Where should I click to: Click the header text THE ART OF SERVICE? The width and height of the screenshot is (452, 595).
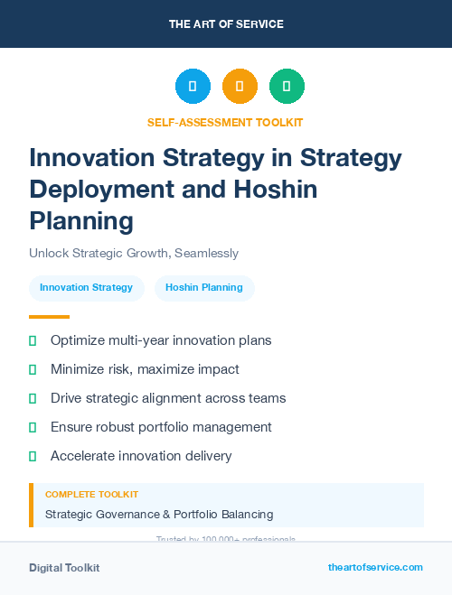(226, 24)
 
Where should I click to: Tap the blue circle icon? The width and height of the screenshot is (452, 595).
(193, 86)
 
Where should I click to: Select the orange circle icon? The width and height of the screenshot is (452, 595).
(240, 86)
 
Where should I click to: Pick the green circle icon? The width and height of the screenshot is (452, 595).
(287, 86)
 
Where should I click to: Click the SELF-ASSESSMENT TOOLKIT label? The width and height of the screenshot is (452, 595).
(225, 122)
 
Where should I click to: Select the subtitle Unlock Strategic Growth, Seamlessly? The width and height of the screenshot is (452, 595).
(134, 253)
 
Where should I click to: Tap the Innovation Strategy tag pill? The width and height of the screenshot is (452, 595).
(87, 288)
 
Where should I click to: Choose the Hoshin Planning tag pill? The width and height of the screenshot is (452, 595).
(204, 288)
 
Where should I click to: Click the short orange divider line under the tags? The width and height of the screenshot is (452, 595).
(49, 317)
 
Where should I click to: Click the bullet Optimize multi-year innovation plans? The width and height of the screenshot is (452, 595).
(161, 340)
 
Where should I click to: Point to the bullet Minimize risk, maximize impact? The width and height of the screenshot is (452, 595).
(145, 369)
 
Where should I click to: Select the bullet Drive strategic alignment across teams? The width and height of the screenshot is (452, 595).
(168, 398)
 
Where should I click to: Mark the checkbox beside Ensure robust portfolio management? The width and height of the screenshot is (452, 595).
(33, 427)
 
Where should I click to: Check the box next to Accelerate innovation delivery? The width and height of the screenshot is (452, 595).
(33, 456)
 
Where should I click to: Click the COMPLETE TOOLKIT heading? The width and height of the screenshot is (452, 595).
(91, 495)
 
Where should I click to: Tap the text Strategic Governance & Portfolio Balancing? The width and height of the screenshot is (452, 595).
(159, 515)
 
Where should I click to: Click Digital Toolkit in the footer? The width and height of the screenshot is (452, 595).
(64, 568)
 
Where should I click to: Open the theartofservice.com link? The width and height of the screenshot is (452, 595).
(375, 567)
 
